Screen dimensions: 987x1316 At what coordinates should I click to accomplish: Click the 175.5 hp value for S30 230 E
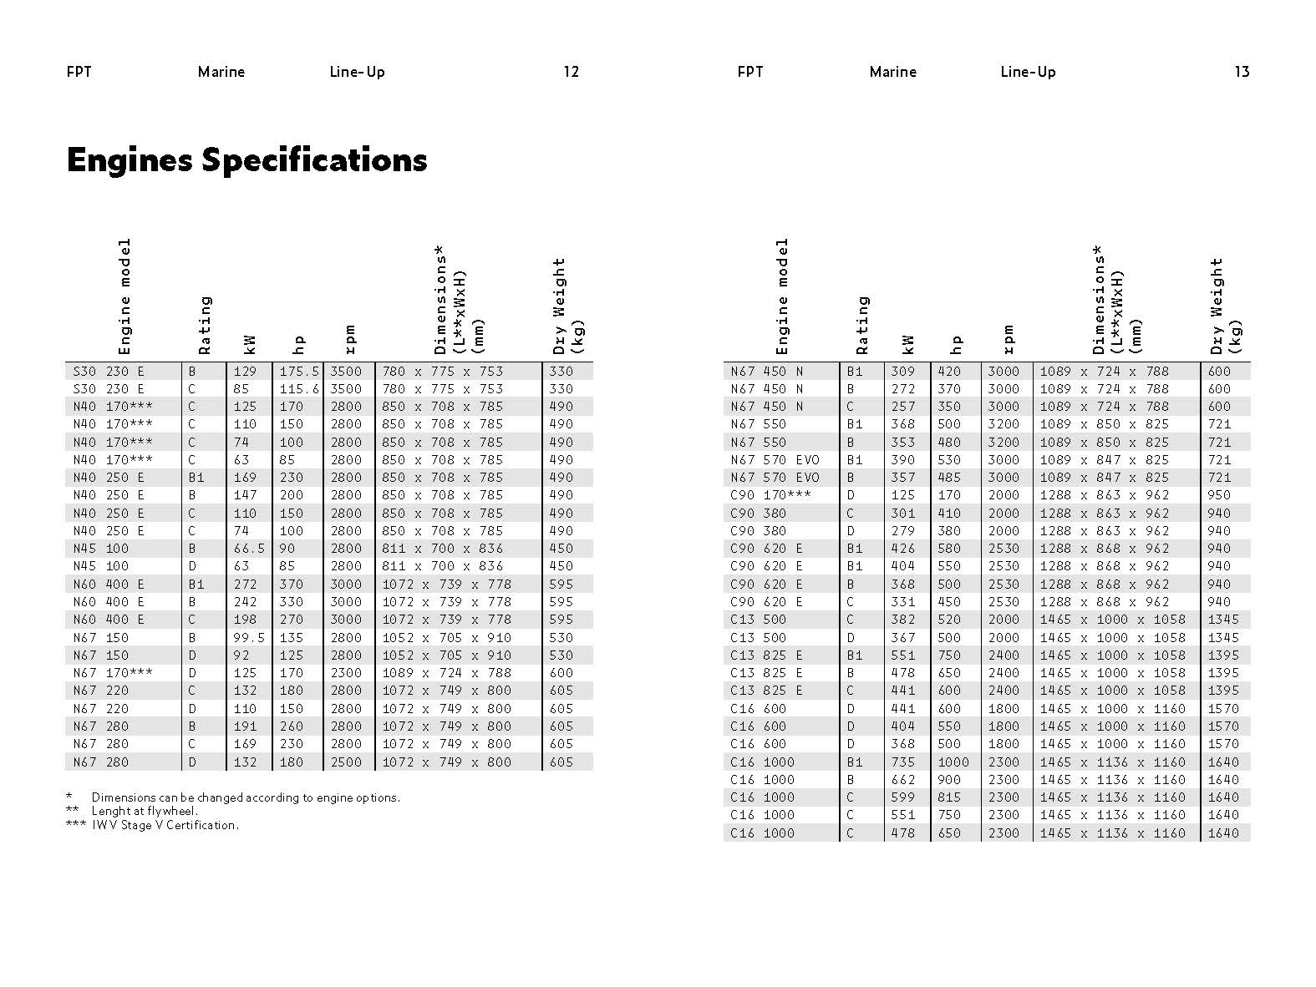coord(299,372)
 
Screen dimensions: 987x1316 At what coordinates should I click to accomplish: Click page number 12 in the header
coord(571,72)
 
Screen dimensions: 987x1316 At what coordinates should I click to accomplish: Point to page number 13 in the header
coord(1242,72)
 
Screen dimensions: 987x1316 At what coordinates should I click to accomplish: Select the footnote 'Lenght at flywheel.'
coord(145,811)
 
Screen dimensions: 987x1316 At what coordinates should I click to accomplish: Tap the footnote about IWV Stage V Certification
coord(165,825)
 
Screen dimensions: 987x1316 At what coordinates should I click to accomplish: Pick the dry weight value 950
coord(1219,495)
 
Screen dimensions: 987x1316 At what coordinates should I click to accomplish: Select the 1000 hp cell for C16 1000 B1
coord(953,762)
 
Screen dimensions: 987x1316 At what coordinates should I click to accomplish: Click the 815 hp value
coord(949,797)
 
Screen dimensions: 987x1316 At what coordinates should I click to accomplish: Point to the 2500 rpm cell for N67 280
coord(346,762)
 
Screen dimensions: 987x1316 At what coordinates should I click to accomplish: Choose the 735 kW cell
coord(903,762)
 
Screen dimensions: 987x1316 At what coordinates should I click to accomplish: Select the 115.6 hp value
coord(299,389)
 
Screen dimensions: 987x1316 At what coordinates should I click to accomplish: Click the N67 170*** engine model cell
coord(113,673)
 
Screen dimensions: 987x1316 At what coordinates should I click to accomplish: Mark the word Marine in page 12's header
coord(221,72)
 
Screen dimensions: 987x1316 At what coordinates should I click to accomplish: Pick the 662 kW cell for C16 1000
coord(903,780)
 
